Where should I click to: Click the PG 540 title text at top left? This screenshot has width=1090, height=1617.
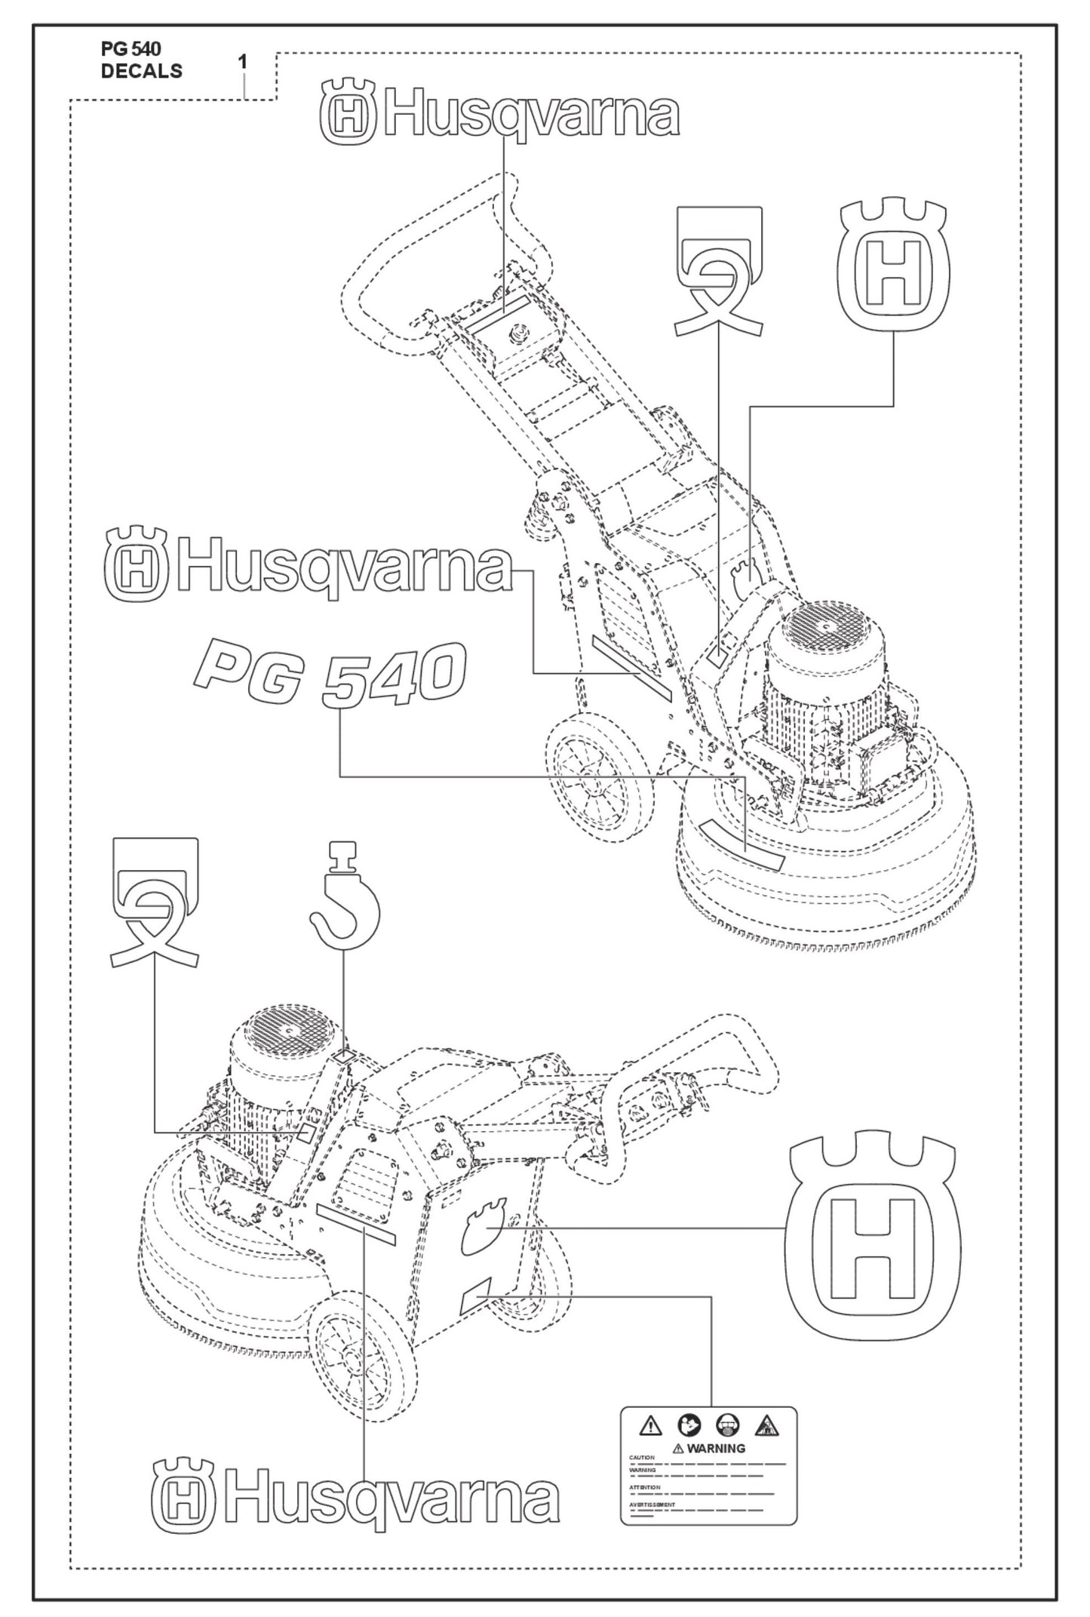click(130, 49)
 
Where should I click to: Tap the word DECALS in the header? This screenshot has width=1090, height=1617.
click(141, 71)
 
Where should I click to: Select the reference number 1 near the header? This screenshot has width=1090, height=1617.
click(243, 62)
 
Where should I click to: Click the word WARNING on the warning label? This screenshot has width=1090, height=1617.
click(715, 1448)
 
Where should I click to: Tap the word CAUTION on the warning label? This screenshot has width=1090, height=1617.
click(642, 1458)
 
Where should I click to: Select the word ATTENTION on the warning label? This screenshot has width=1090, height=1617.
click(645, 1487)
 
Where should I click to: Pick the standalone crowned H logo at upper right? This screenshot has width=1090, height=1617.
click(894, 266)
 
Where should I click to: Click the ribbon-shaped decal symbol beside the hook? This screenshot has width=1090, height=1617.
click(155, 902)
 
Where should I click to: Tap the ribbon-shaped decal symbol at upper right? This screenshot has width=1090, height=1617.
click(718, 271)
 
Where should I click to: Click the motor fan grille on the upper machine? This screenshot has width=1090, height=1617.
click(827, 620)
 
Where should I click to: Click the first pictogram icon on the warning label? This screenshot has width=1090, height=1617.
click(650, 1426)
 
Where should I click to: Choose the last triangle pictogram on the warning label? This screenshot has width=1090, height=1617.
click(766, 1426)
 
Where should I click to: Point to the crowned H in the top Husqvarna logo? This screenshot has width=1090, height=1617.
click(348, 115)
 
